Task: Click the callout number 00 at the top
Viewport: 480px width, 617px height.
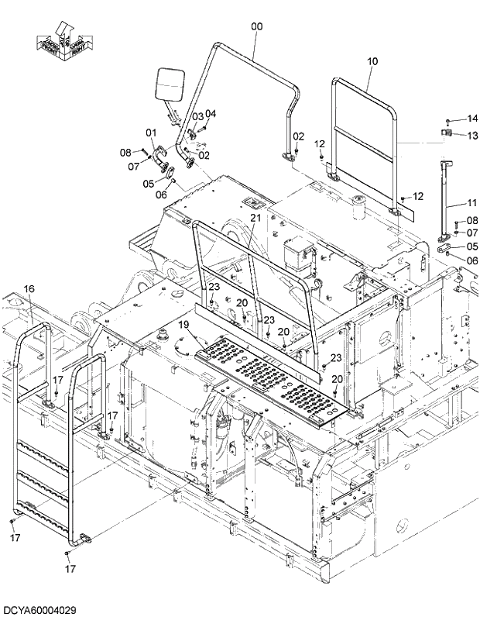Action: (x=257, y=26)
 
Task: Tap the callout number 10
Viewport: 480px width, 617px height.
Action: (x=372, y=60)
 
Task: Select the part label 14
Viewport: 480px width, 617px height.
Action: (x=472, y=119)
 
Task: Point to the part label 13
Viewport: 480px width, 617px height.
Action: (x=472, y=135)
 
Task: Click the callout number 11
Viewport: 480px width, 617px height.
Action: (x=472, y=203)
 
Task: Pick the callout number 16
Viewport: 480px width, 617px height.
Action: (x=29, y=289)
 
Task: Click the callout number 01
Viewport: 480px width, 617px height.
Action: (x=151, y=133)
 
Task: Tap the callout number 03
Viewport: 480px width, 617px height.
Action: (x=198, y=116)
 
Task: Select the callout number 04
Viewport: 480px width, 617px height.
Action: (x=211, y=113)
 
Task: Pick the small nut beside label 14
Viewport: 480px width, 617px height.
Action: (x=448, y=120)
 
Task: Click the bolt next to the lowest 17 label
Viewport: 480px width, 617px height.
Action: (x=67, y=556)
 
